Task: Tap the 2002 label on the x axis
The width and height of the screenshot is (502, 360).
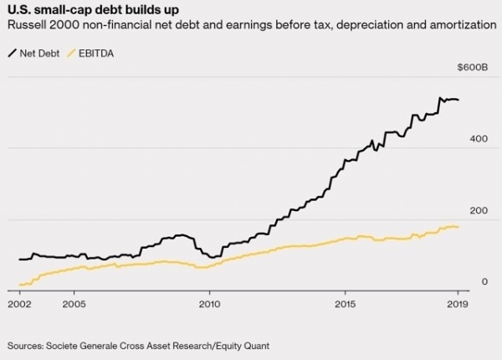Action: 19,304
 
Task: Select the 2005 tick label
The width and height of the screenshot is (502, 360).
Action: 74,304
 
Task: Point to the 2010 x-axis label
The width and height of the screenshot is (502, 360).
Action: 209,304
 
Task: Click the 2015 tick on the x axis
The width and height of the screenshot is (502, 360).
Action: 346,304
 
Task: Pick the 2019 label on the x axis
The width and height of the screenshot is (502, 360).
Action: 457,304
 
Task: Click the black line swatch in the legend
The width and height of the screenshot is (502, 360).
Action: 13,54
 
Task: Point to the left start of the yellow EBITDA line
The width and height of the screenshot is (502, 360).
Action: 18,285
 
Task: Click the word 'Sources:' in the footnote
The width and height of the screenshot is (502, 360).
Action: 28,345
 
